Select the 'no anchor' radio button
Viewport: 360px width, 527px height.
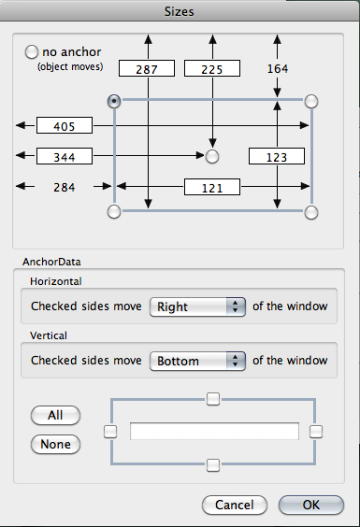coord(31,52)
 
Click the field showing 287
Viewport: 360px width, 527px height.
coord(147,68)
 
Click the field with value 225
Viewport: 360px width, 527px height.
coord(212,68)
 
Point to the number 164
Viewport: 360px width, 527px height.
coord(278,68)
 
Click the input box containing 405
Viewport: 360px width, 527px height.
coord(65,125)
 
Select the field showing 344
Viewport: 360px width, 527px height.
coord(65,156)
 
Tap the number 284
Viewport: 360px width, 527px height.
coord(65,187)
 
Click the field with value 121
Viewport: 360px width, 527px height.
coord(212,187)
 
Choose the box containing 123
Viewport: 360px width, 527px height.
coord(277,156)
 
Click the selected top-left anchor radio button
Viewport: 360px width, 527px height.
coord(114,101)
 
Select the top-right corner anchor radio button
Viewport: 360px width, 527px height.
coord(311,101)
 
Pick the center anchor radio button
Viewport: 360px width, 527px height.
coord(212,156)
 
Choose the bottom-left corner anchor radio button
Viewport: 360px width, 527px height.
coord(114,212)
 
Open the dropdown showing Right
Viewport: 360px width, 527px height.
coord(197,306)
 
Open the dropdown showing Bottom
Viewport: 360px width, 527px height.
coord(197,361)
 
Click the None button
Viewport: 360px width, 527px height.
coord(55,445)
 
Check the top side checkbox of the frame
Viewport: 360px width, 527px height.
coord(213,399)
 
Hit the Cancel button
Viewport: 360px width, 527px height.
coord(235,505)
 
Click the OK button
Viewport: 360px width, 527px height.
coord(311,505)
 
